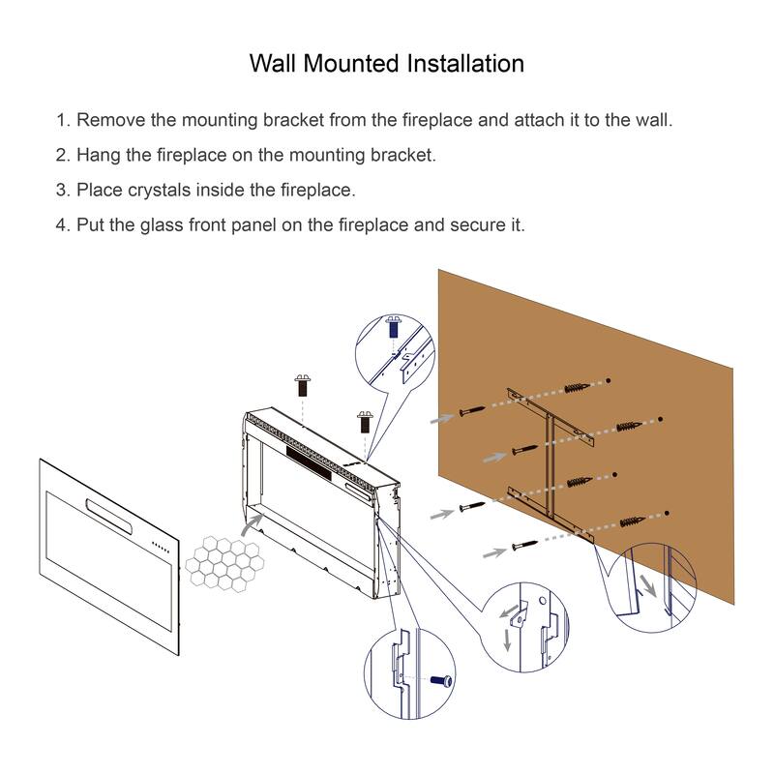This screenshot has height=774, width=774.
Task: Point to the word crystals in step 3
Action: [x=163, y=190]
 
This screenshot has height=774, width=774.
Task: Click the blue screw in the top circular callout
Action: [x=394, y=326]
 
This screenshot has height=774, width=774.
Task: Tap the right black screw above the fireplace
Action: [x=366, y=420]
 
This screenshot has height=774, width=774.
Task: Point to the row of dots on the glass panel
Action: [x=162, y=551]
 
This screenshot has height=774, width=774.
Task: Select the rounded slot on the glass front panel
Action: [x=108, y=513]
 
